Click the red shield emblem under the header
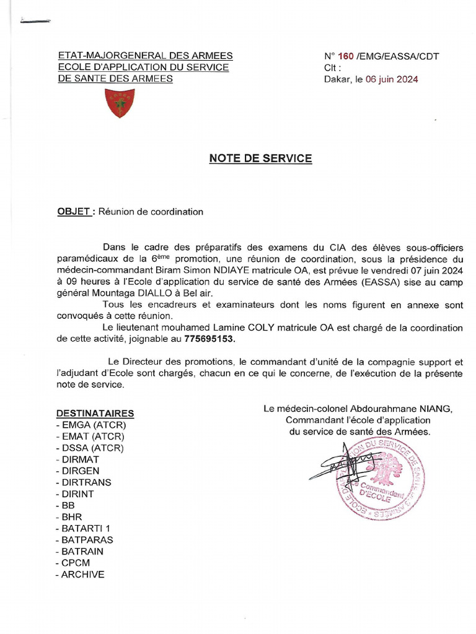[x=120, y=103]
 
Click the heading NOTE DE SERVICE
[x=260, y=158]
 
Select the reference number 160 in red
[x=346, y=56]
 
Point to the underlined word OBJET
[x=74, y=212]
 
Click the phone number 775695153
[x=210, y=339]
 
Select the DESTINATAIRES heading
[x=95, y=413]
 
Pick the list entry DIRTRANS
[x=86, y=482]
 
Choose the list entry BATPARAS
[x=87, y=540]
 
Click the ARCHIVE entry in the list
[x=82, y=575]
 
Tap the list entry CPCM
[x=78, y=563]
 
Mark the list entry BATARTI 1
[x=86, y=528]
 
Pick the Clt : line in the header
[x=333, y=68]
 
